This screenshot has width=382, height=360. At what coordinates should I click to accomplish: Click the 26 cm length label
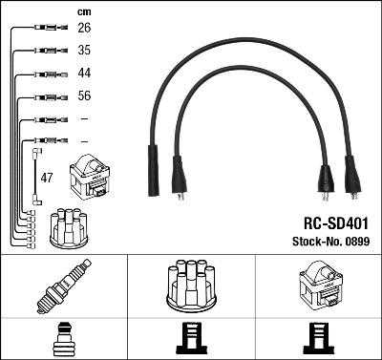tap(83, 28)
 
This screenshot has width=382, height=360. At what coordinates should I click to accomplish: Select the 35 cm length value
tap(83, 50)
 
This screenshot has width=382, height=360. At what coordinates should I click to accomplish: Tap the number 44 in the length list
tap(83, 73)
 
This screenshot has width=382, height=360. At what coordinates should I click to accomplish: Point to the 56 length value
tap(83, 95)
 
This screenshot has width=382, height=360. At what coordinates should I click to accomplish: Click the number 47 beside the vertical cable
tap(47, 178)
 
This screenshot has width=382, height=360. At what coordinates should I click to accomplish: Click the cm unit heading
tap(83, 11)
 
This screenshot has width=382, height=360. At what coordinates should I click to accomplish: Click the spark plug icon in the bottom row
tap(62, 286)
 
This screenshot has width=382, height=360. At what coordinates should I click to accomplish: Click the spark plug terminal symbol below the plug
tap(62, 339)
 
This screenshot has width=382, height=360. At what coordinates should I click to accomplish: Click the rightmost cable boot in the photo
tap(353, 180)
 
